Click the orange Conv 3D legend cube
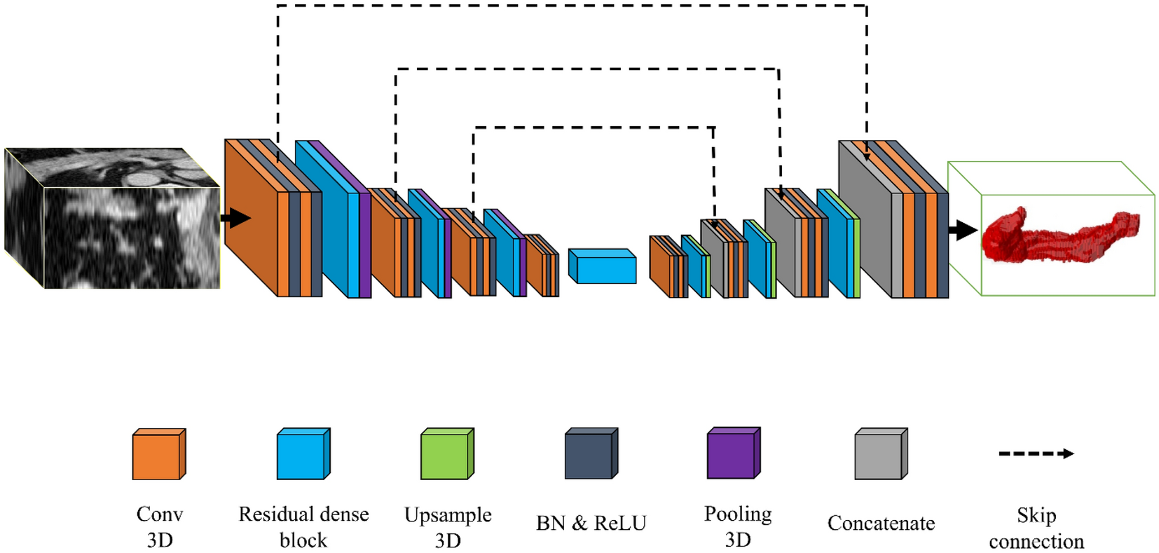(x=157, y=456)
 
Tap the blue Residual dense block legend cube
(x=301, y=456)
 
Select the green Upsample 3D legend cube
(x=446, y=456)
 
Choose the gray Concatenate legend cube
(x=879, y=456)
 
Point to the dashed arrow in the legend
(x=1036, y=453)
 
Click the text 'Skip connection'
(x=1036, y=528)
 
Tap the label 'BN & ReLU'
(x=591, y=523)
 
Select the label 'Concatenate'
(x=881, y=523)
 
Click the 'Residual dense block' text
(x=303, y=527)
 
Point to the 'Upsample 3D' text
(x=448, y=527)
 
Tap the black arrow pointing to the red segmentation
(x=963, y=229)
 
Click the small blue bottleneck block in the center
(x=603, y=267)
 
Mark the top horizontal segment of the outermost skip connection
(x=571, y=6)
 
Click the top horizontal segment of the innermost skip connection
(x=594, y=128)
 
